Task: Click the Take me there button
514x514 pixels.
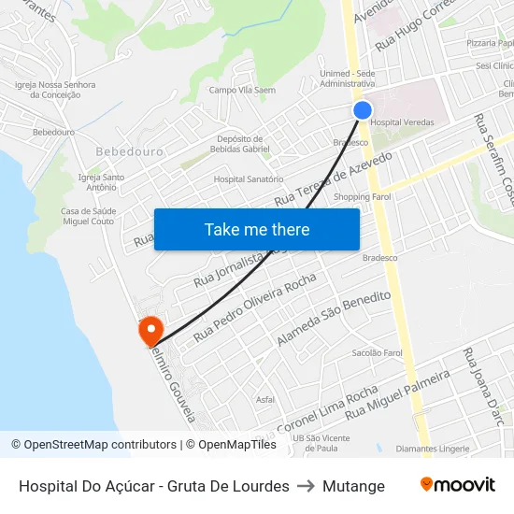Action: pyautogui.click(x=257, y=229)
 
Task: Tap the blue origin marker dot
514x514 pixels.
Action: pyautogui.click(x=363, y=110)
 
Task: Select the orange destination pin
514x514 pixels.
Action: pyautogui.click(x=150, y=330)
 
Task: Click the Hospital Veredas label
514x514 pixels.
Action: pyautogui.click(x=402, y=122)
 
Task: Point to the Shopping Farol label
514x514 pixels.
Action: pyautogui.click(x=363, y=196)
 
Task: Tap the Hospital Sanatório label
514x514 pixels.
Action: pyautogui.click(x=249, y=178)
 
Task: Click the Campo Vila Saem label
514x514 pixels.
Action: pyautogui.click(x=242, y=90)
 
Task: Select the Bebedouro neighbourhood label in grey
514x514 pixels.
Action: pyautogui.click(x=129, y=150)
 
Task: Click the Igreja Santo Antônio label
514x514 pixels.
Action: pyautogui.click(x=102, y=182)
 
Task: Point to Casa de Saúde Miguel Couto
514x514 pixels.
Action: pyautogui.click(x=87, y=216)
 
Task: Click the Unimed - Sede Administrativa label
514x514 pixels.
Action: pyautogui.click(x=348, y=79)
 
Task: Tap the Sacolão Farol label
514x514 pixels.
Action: pyautogui.click(x=377, y=353)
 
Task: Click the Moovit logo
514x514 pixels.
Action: pyautogui.click(x=457, y=485)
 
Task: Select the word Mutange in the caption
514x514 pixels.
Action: pyautogui.click(x=353, y=486)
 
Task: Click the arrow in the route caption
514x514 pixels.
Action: pyautogui.click(x=306, y=486)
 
